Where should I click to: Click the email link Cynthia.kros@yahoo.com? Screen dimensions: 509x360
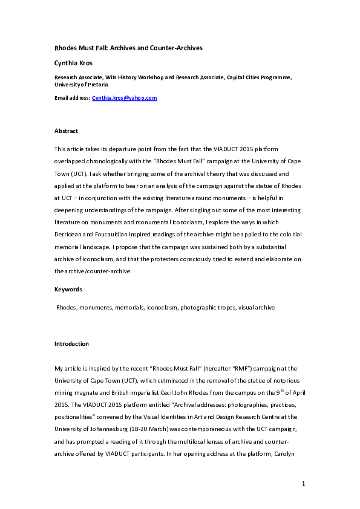(x=125, y=97)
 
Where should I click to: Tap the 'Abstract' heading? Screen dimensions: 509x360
(x=67, y=131)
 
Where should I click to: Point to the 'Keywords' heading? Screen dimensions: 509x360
(x=68, y=290)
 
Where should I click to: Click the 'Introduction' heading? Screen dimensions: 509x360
(x=72, y=344)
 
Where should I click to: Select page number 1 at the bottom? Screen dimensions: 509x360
(x=304, y=484)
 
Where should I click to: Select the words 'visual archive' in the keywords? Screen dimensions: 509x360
(x=257, y=308)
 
